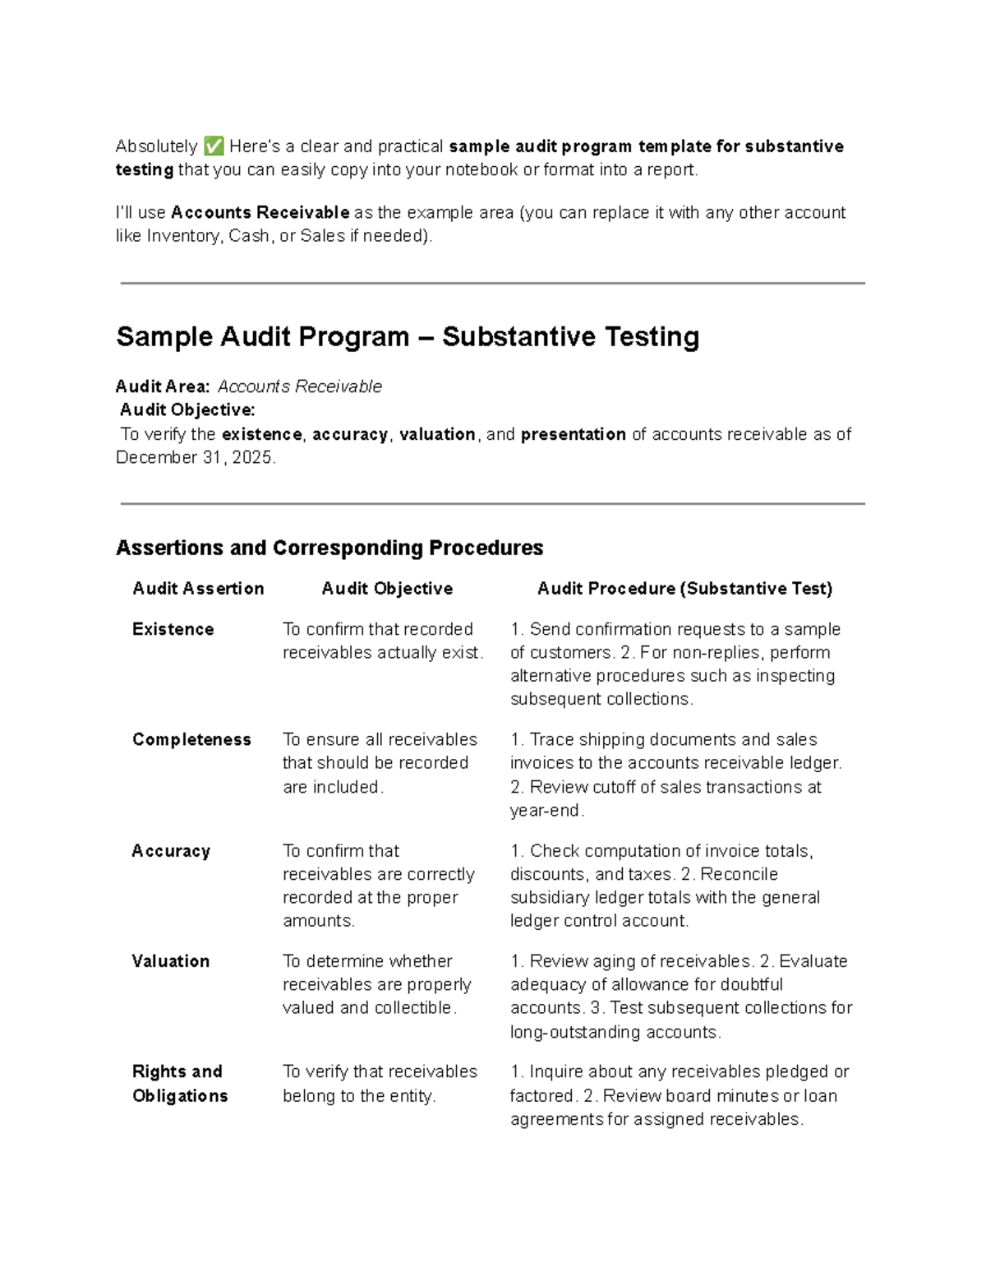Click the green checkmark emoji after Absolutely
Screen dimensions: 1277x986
214,146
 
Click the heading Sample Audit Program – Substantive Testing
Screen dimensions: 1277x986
408,336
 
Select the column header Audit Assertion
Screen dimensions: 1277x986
198,589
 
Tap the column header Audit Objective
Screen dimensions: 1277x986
387,589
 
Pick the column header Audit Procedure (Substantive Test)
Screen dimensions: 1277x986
684,589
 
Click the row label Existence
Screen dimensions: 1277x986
173,629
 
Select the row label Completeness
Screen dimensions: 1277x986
191,739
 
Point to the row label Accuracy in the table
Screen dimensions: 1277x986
171,851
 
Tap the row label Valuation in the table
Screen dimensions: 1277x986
170,961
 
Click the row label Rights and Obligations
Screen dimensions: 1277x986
179,1084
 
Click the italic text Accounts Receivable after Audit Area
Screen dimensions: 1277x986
299,386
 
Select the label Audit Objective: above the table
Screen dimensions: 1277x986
187,409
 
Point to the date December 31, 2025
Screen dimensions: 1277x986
195,458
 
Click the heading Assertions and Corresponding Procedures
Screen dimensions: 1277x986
329,548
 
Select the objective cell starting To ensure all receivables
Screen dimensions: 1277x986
380,763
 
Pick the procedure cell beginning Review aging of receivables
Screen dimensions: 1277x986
680,996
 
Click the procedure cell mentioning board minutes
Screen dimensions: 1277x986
679,1095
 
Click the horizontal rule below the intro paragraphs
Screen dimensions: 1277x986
492,283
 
